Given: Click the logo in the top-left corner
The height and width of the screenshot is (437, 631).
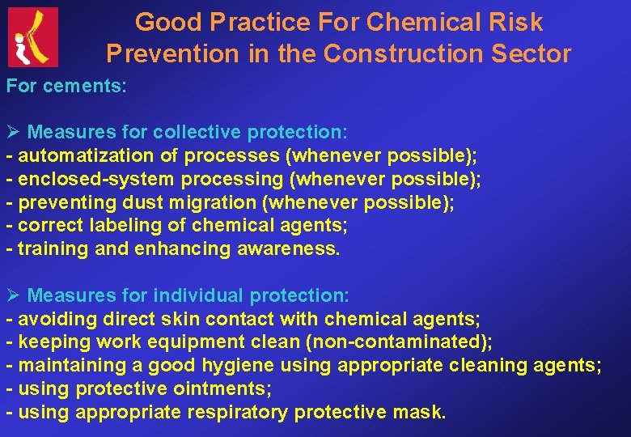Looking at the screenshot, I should [x=33, y=36].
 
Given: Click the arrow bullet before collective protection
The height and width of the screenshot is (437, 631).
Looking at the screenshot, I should [x=13, y=132].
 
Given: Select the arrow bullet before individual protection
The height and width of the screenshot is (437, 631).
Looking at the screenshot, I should [x=13, y=296].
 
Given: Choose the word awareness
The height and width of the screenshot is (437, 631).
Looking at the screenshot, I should [x=289, y=249].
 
